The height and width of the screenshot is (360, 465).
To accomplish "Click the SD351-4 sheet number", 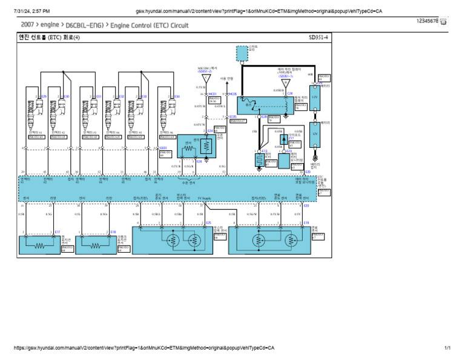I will tap(318, 38).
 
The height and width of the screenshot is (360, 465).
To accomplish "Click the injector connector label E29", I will tap(44, 96).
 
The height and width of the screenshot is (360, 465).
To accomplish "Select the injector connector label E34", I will tap(177, 96).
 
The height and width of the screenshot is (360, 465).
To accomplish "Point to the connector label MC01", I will tap(212, 95).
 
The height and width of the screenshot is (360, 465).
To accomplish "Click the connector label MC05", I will tap(232, 95).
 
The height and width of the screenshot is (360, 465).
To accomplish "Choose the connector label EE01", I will tap(163, 147).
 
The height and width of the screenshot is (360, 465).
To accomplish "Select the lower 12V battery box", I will tap(314, 133).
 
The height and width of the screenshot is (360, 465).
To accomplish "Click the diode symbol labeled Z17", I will tap(283, 139).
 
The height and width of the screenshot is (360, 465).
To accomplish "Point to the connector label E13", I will tap(265, 151).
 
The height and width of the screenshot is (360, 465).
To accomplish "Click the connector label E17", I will tap(58, 232).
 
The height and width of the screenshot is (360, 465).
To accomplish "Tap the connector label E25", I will tap(209, 223).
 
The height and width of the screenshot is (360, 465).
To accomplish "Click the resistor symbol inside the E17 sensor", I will tap(40, 247).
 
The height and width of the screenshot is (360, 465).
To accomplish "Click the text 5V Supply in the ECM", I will tap(205, 198).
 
